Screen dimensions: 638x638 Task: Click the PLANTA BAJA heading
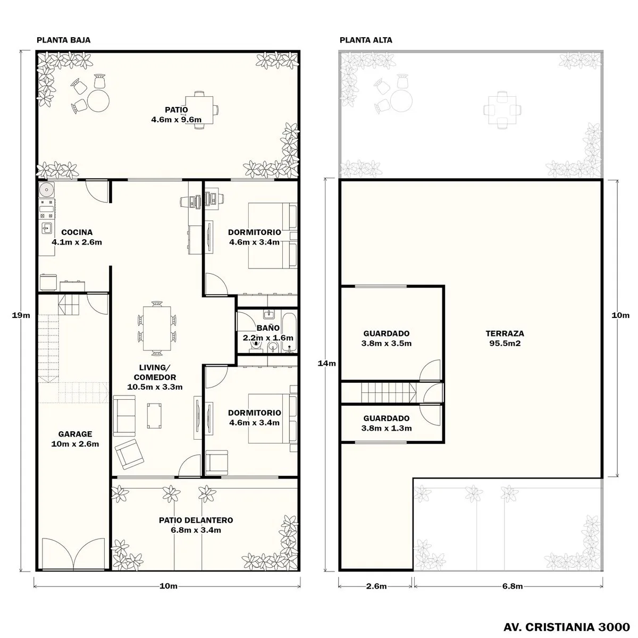coord(64,40)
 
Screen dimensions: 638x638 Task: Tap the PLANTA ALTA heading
coord(366,40)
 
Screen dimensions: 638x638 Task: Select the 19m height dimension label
coord(21,315)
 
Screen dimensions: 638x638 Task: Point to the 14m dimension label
coord(327,363)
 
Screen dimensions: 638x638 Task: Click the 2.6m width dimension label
coord(376,586)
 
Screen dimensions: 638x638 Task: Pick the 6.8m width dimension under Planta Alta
coord(513,586)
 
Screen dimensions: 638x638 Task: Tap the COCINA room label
coord(77,237)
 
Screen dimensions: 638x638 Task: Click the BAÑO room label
coord(268,333)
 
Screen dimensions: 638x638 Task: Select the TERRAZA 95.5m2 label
coord(505,338)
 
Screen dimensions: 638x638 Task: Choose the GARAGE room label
coord(75,439)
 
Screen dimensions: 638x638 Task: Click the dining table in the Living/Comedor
coord(157,329)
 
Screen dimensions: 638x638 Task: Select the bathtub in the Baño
coord(289,332)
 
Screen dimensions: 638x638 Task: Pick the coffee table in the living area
coord(154,415)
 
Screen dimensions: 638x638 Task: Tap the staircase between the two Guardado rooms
coord(389,392)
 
